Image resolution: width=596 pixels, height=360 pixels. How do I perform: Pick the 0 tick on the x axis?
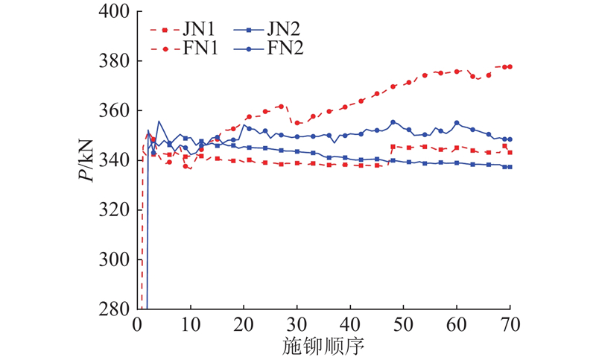(x=137, y=324)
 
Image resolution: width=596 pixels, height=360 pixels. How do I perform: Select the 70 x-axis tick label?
(x=510, y=324)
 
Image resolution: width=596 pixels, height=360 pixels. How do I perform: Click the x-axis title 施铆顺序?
(x=323, y=346)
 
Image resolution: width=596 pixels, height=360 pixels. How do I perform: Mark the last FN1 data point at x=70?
(x=510, y=66)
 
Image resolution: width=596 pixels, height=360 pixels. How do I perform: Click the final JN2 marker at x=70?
(x=510, y=167)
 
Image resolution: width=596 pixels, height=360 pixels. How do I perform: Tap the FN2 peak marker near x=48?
(x=393, y=122)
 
